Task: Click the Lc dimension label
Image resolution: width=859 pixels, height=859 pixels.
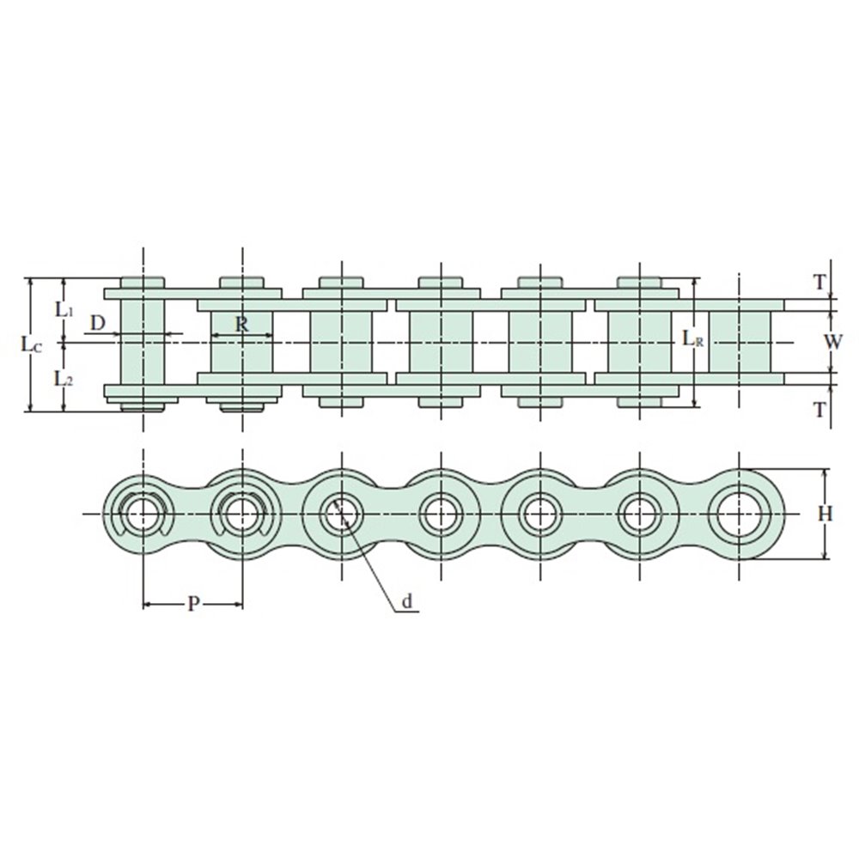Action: [x=31, y=344]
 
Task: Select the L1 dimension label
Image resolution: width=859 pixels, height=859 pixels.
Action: [x=64, y=309]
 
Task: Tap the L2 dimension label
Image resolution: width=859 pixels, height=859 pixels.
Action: [x=64, y=378]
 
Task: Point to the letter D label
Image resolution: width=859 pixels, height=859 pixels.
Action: [x=98, y=323]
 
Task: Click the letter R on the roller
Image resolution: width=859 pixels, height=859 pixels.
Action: [x=241, y=324]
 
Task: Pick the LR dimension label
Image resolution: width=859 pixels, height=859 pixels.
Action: [x=692, y=339]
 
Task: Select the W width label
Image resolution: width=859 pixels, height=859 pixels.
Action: [x=833, y=342]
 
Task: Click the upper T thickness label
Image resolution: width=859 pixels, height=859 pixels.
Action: [x=819, y=283]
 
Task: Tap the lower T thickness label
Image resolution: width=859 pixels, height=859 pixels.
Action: [x=819, y=409]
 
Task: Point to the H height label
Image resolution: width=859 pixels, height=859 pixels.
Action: [x=825, y=514]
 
